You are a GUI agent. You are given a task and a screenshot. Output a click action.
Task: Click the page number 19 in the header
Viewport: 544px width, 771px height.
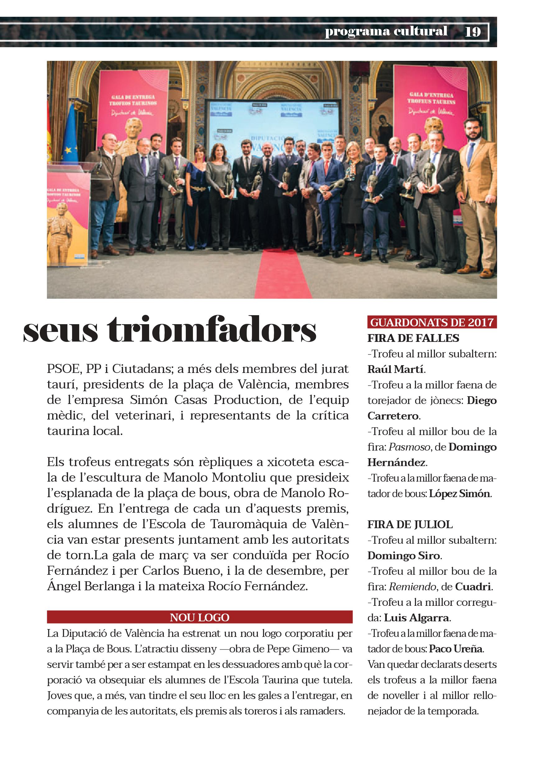point(473,32)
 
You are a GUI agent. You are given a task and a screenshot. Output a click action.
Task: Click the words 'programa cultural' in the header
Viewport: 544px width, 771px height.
point(386,31)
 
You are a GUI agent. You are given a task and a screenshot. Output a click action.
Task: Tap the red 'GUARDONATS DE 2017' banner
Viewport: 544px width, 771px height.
point(432,322)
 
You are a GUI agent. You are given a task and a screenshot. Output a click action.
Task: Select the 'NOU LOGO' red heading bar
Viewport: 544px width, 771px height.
point(199,617)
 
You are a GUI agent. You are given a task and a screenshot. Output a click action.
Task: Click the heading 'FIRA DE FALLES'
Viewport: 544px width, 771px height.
point(413,338)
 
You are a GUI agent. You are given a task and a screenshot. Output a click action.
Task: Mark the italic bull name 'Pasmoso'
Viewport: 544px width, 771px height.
point(409,447)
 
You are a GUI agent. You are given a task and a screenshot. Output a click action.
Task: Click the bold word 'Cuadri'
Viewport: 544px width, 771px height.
point(473,587)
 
